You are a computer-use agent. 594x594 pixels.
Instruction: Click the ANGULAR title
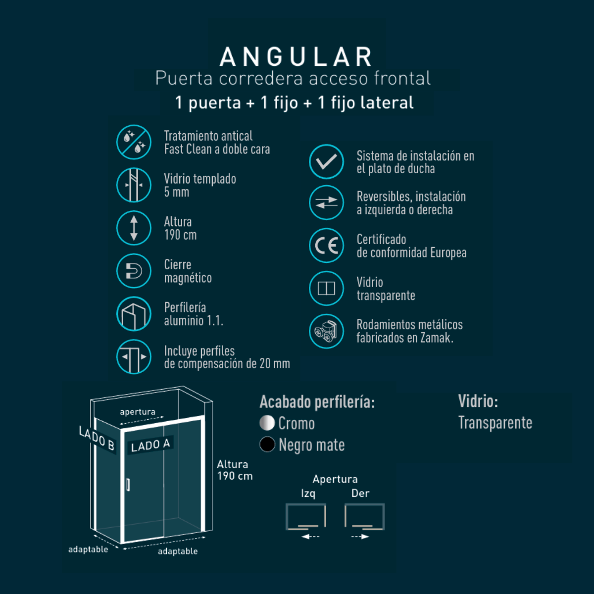click(x=296, y=57)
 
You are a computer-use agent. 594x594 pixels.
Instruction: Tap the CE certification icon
click(x=326, y=246)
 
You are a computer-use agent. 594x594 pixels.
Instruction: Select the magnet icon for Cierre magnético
click(x=134, y=271)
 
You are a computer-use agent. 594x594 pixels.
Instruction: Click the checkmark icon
click(x=326, y=161)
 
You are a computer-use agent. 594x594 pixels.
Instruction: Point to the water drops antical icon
click(x=134, y=142)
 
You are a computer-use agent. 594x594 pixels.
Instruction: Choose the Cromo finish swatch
click(x=267, y=423)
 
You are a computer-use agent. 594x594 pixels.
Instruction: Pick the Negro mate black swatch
click(x=267, y=445)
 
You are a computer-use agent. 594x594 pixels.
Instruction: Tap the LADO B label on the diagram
click(x=97, y=438)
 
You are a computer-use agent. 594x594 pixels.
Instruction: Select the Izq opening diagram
click(x=306, y=517)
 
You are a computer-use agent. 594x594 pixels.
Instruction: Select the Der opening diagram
click(x=365, y=517)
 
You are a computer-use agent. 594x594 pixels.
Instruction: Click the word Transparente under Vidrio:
click(x=495, y=422)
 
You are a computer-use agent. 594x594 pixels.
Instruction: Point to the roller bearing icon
click(x=326, y=331)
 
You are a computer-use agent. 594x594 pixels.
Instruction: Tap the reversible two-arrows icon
click(x=326, y=202)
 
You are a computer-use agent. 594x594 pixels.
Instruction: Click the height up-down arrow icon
click(x=134, y=228)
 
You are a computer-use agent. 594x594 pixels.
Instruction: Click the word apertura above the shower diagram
click(x=138, y=412)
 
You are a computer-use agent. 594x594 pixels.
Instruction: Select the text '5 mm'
click(x=177, y=192)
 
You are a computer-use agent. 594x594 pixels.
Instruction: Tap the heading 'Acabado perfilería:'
click(x=317, y=402)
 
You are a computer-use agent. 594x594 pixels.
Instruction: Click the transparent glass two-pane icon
click(x=326, y=289)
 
